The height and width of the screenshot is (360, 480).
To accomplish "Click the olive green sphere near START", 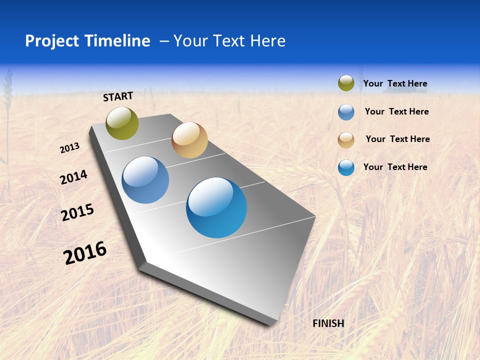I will [122, 123].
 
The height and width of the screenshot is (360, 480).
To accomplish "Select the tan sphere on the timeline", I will [189, 140].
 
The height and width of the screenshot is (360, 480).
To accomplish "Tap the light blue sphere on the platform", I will [145, 180].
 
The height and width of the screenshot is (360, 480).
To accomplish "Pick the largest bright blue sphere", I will [216, 207].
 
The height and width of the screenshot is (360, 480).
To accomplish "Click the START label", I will [118, 96].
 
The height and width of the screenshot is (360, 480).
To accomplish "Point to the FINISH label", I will [328, 323].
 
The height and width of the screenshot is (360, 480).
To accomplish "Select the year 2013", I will [70, 148].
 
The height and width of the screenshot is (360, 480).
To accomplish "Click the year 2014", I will [73, 177].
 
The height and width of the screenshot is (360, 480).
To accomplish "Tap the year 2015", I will [77, 212].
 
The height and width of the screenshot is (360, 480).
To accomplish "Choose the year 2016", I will [85, 253].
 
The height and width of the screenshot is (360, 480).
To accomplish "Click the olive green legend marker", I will [346, 83].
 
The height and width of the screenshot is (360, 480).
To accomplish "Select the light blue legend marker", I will [346, 112].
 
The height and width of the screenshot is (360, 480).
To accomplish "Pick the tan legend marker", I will [346, 140].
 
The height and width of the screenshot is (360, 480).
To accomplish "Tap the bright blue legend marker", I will [346, 167].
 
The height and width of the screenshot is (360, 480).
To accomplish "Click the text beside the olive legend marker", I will [395, 83].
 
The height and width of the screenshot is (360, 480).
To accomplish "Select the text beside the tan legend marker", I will [397, 139].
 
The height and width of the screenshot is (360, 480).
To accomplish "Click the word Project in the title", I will [52, 41].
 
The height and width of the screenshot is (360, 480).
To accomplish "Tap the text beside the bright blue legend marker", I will [395, 167].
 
